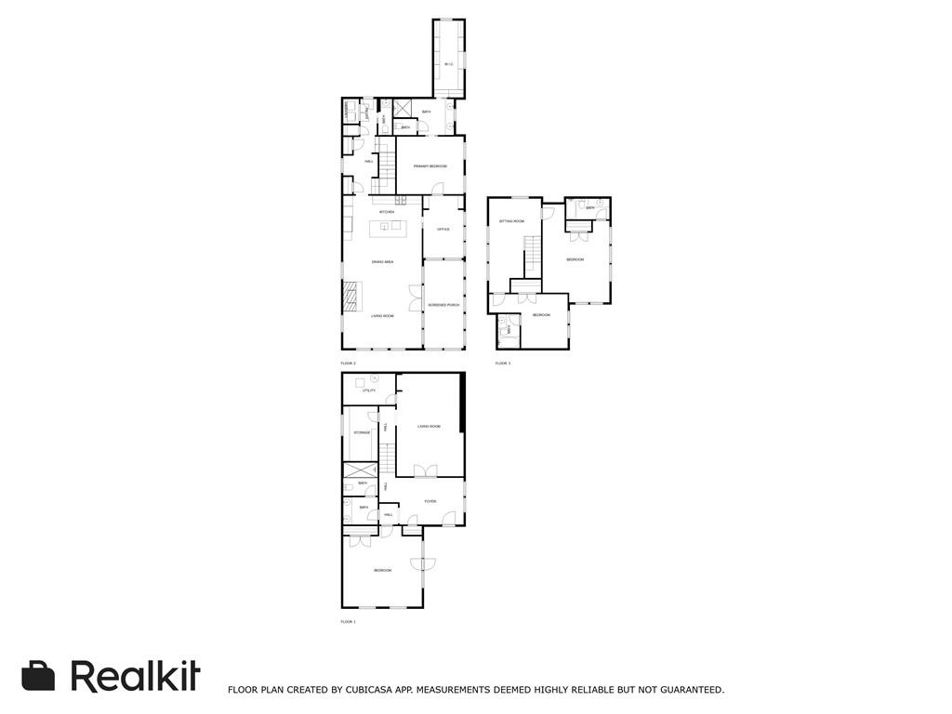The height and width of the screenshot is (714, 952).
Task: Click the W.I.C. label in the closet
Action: [x=448, y=64]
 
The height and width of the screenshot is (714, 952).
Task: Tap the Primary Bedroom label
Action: [x=430, y=165]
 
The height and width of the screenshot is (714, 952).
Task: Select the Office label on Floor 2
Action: [x=443, y=229]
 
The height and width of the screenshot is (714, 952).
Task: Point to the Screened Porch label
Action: [x=443, y=305]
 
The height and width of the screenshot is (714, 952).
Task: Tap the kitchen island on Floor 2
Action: [x=388, y=228]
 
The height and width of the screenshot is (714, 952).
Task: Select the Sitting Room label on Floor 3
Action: [x=512, y=221]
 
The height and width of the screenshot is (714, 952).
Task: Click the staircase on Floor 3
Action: [x=531, y=256]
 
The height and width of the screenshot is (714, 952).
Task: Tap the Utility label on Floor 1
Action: [x=369, y=390]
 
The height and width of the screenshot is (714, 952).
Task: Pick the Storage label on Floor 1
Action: [x=362, y=432]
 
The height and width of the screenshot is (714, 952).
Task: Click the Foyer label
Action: [x=430, y=501]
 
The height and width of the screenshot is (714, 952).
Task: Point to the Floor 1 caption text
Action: [x=349, y=621]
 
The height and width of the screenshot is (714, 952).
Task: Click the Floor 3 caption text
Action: [x=503, y=363]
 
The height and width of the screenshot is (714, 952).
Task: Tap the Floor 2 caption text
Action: [x=349, y=363]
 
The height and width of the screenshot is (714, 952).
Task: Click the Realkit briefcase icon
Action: [x=38, y=676]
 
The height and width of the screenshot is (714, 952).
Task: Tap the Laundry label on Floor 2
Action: [x=347, y=110]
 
